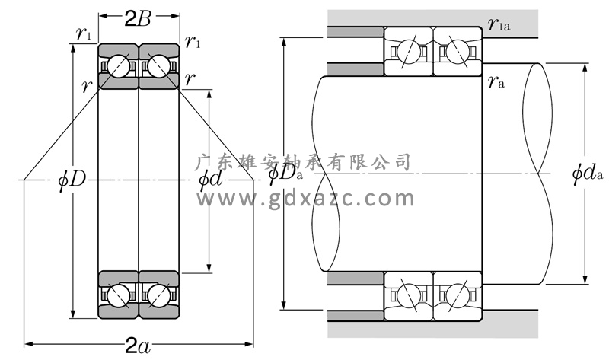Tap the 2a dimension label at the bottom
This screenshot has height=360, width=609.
138,347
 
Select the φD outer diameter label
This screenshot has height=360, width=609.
72,180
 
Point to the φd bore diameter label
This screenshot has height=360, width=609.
209,180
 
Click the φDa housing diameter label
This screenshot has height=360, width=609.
285,174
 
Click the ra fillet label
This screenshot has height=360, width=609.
496,81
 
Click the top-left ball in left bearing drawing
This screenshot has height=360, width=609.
118,67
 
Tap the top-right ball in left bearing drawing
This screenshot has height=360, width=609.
158,67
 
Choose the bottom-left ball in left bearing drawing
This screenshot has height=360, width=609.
118,295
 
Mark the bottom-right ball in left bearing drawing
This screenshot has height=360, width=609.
158,295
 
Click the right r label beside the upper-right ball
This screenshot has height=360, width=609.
189,79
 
